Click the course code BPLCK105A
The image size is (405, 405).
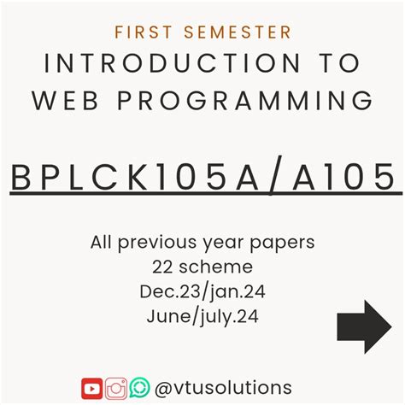pos(140,177)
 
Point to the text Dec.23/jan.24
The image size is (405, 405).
pos(202,292)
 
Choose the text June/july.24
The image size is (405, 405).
pos(202,317)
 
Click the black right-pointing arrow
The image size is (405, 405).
pos(363,326)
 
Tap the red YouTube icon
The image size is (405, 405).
pos(92,389)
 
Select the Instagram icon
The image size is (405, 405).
pos(116,389)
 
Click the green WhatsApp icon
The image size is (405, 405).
pos(139,389)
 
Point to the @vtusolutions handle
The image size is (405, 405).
pos(224,388)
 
